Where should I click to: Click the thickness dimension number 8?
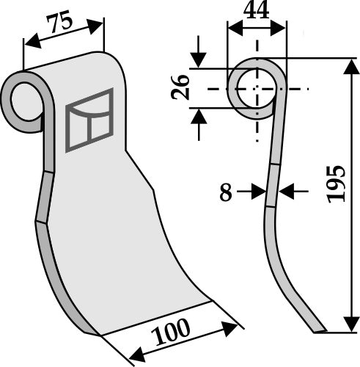226,192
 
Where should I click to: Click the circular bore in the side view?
256,88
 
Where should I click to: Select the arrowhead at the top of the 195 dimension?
350,68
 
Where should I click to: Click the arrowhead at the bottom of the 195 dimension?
350,324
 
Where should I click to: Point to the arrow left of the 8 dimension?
258,192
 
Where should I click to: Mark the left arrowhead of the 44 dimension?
233,28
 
